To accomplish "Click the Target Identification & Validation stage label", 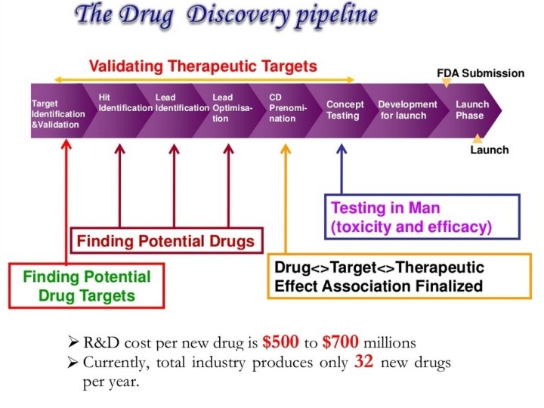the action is click(57, 114).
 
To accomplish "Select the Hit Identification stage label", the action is click(125, 103).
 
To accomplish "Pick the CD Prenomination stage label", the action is click(288, 108).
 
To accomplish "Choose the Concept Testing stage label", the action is click(345, 110).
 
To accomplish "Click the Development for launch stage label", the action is click(407, 110).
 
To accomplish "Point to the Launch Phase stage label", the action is click(471, 110).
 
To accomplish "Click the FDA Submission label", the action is click(481, 73).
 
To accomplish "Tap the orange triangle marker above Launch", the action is click(478, 138).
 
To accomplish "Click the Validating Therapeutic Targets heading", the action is click(202, 66).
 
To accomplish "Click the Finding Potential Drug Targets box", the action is click(86, 285).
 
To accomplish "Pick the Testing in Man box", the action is click(422, 216).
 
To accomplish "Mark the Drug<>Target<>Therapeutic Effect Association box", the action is click(398, 277).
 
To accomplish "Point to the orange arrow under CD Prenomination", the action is click(285, 196).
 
